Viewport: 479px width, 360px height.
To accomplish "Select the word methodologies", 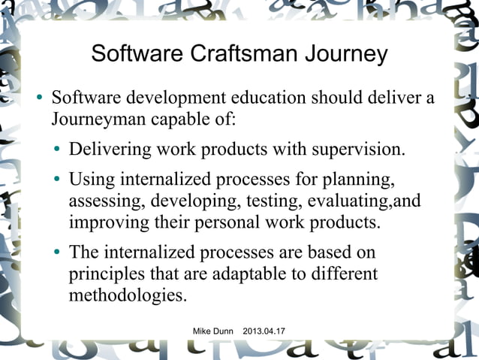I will point(128,295).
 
